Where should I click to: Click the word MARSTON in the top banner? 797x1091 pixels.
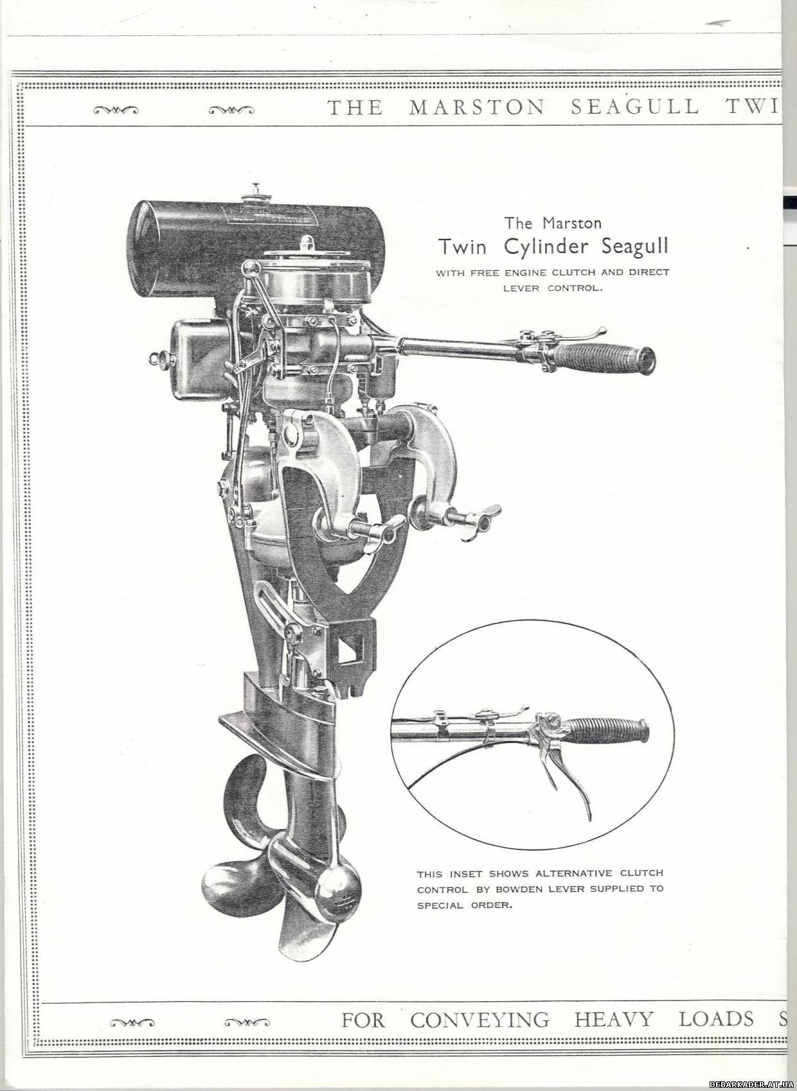click(476, 108)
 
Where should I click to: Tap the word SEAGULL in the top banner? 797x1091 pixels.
click(634, 108)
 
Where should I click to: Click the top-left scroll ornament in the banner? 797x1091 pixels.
click(116, 110)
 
